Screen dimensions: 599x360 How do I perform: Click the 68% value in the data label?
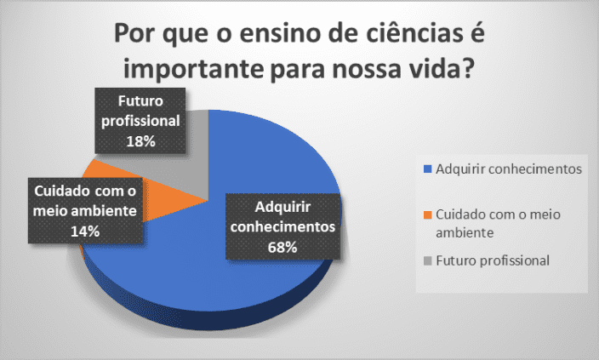click(x=282, y=248)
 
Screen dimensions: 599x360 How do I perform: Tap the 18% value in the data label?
click(x=140, y=141)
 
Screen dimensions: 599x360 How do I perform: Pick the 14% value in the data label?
click(x=85, y=231)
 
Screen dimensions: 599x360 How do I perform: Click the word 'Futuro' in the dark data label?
click(x=140, y=101)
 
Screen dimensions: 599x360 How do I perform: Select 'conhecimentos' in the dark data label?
click(x=282, y=226)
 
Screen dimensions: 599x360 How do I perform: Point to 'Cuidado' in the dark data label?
click(x=62, y=191)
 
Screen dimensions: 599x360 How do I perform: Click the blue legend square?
click(x=427, y=169)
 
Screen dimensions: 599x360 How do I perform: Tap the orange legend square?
click(x=427, y=215)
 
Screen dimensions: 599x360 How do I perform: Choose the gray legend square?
click(x=427, y=261)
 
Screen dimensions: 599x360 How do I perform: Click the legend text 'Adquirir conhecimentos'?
click(x=509, y=169)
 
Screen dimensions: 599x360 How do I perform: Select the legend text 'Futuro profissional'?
click(x=493, y=260)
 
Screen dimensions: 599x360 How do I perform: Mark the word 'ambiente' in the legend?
click(x=465, y=232)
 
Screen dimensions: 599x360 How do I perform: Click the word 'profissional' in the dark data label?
click(x=140, y=121)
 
